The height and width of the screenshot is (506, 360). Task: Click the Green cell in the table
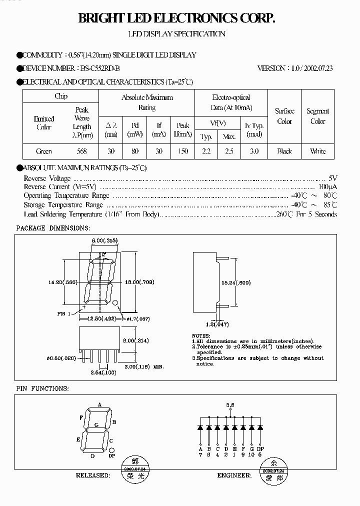point(44,151)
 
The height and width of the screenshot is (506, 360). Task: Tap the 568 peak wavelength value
point(82,151)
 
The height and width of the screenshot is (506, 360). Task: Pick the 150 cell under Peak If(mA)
point(183,151)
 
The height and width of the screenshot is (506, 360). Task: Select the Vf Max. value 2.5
point(229,151)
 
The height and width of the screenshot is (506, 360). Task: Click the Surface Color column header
point(284,116)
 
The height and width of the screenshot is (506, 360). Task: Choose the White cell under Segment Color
point(317,151)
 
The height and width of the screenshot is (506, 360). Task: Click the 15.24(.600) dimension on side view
point(236,282)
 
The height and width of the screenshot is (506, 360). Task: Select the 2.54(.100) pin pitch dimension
point(103,372)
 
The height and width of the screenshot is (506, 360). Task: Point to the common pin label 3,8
point(230,405)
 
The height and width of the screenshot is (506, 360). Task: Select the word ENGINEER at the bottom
point(233,475)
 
